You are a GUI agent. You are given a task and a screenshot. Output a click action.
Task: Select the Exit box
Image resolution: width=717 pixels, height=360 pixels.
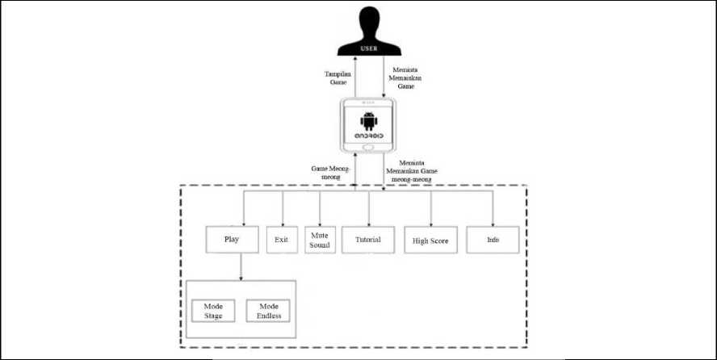(282, 240)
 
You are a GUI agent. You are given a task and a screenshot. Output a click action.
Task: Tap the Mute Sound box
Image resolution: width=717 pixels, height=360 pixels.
(320, 240)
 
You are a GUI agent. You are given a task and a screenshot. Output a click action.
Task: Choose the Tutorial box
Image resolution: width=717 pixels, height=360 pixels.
(367, 240)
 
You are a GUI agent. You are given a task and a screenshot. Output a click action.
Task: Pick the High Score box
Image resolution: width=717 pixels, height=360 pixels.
(430, 240)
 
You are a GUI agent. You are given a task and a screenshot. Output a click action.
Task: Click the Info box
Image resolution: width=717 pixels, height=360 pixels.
(492, 240)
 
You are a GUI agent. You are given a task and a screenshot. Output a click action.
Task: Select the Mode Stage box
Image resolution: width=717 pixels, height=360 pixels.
(212, 310)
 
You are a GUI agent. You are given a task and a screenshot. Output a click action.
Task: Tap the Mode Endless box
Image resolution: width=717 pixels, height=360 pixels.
(267, 310)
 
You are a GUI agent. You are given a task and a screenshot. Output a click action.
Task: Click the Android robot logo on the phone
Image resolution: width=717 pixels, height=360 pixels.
(369, 121)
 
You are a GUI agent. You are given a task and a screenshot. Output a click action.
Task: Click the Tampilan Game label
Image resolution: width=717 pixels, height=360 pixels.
(338, 78)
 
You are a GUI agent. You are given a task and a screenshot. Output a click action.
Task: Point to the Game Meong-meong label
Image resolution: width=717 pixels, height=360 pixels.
(329, 173)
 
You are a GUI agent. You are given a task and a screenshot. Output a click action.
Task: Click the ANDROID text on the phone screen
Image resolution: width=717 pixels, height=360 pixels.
(369, 135)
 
